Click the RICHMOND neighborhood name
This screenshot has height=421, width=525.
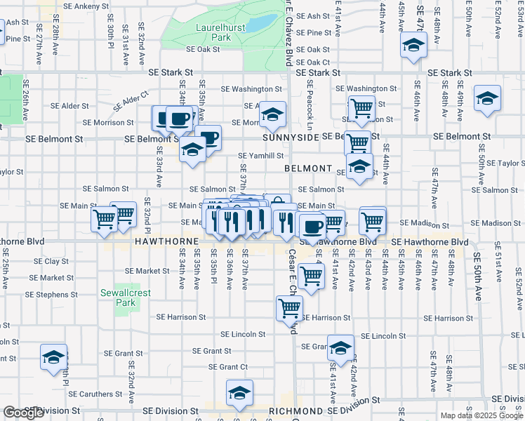295,410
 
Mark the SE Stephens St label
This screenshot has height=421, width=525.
61,295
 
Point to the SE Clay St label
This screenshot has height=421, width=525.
51,261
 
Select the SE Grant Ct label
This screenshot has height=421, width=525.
228,367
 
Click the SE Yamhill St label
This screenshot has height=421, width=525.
261,156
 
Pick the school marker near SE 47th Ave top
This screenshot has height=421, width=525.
414,46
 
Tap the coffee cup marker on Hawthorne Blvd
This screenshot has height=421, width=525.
312,226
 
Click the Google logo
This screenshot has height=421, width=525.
23,413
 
